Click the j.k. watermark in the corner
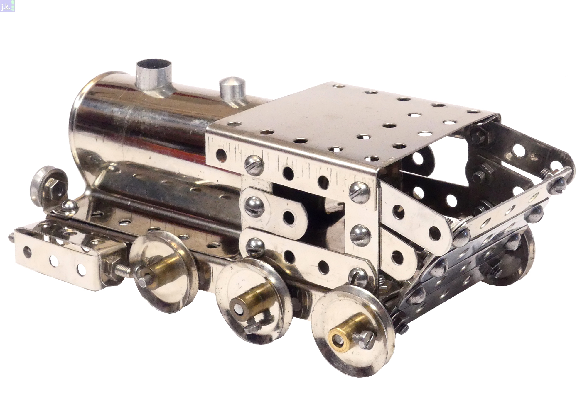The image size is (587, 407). (x=7, y=6)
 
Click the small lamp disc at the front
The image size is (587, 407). (x=47, y=182)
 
